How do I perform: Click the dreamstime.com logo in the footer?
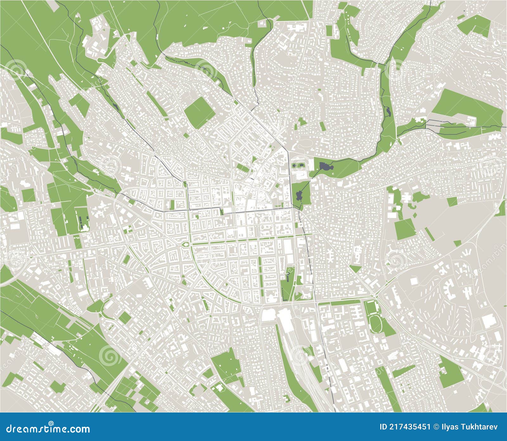click(x=45, y=429)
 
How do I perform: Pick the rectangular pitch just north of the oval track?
click(x=369, y=307)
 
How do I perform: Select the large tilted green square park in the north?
click(x=200, y=112)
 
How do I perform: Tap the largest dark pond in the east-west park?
click(x=324, y=166)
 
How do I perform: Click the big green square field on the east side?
click(x=405, y=229)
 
